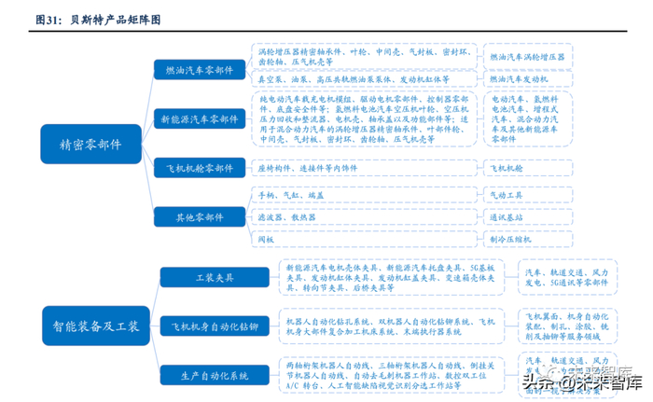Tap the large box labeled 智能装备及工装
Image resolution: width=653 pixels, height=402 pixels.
90,326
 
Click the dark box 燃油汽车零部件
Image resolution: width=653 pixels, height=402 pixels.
200,69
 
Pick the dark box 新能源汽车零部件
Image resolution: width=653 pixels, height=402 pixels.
200,118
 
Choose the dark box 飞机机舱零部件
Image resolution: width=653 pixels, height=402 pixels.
200,169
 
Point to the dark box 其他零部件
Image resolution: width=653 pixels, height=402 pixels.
200,216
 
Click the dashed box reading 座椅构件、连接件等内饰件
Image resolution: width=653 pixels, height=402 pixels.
365,169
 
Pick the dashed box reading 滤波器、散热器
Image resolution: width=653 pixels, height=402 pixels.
365,217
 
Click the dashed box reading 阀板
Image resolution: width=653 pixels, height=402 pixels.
365,240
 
